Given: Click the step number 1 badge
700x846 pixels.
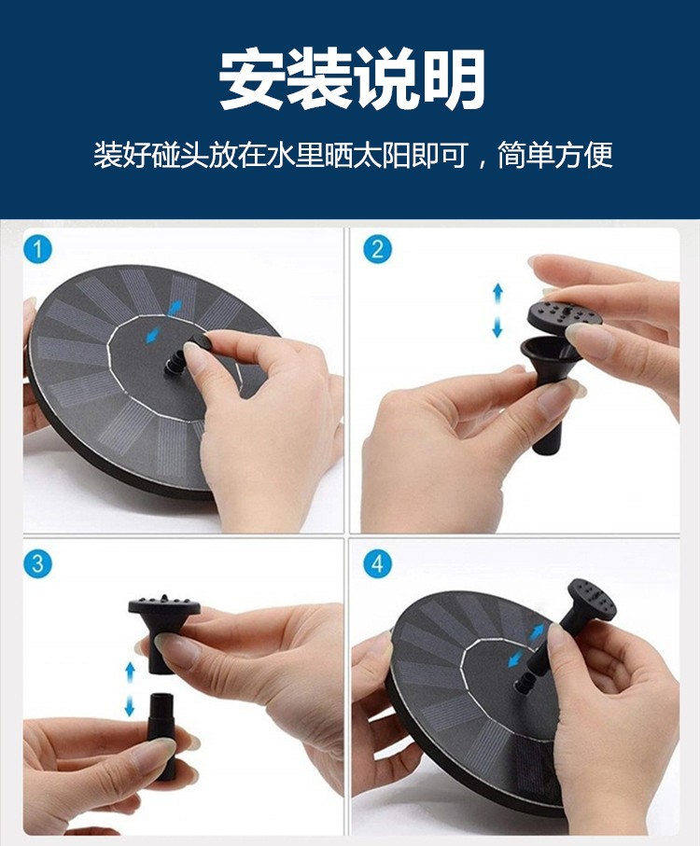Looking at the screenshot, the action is pyautogui.click(x=37, y=249).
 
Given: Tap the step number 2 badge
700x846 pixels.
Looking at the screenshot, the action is pyautogui.click(x=377, y=249).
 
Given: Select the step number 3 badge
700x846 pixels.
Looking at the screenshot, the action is pyautogui.click(x=37, y=563).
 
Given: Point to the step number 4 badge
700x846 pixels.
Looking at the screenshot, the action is pyautogui.click(x=377, y=563).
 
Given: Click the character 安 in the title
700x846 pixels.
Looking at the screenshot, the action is pyautogui.click(x=251, y=79).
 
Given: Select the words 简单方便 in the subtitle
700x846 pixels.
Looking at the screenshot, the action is pyautogui.click(x=555, y=155).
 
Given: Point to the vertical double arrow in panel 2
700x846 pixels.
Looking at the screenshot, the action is pyautogui.click(x=497, y=311).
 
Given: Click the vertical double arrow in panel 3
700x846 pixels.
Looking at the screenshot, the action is pyautogui.click(x=130, y=689).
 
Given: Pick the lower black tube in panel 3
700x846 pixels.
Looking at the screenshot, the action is pyautogui.click(x=161, y=735).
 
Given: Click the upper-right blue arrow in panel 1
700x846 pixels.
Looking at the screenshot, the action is pyautogui.click(x=175, y=308).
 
